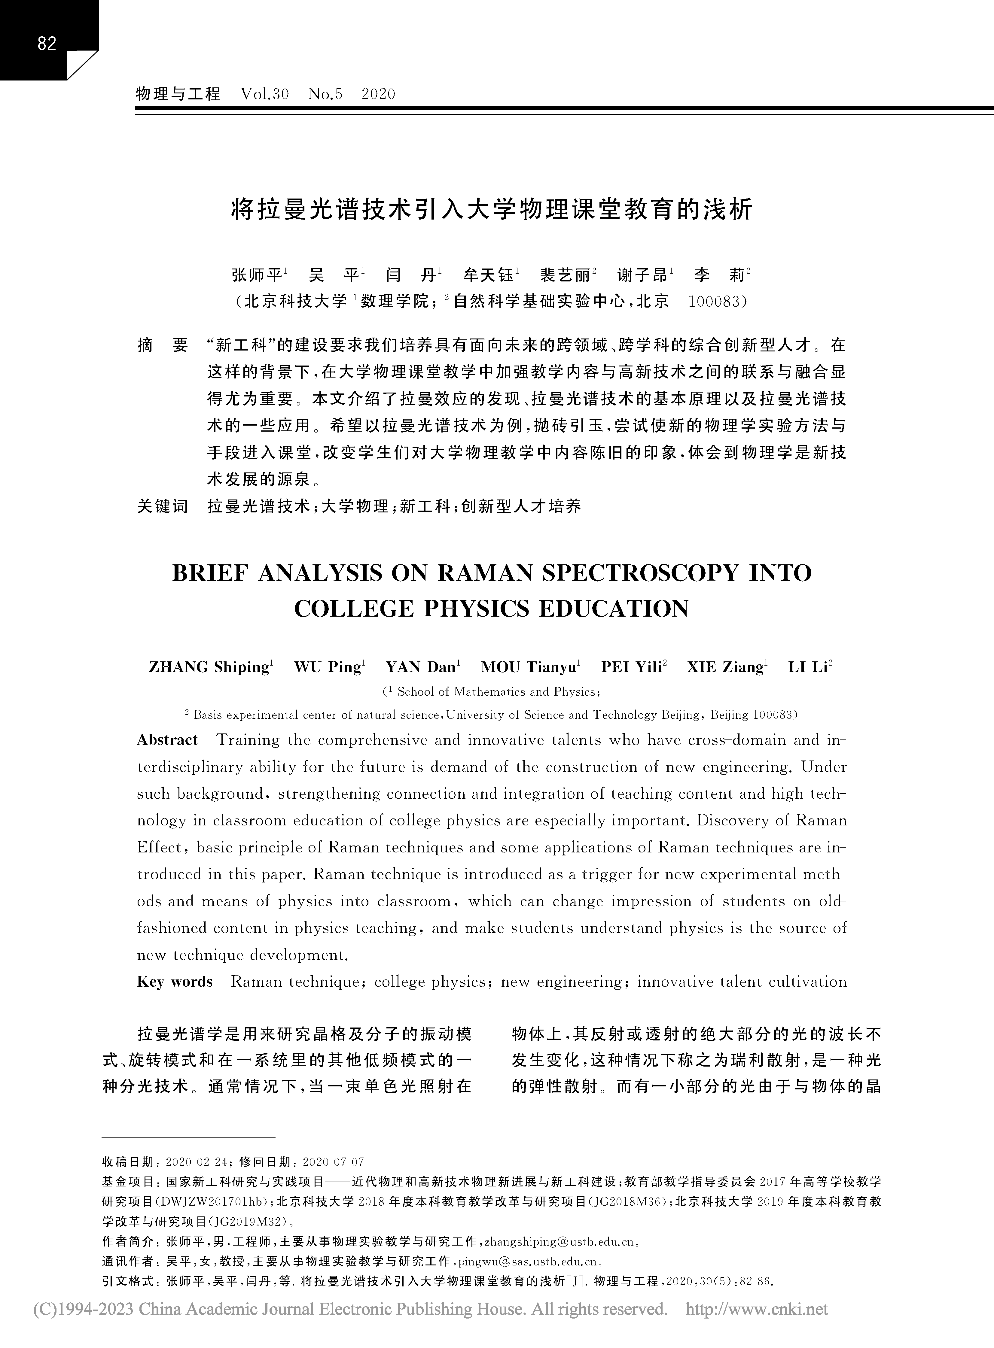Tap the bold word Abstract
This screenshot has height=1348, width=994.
(x=167, y=740)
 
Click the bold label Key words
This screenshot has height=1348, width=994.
(x=175, y=982)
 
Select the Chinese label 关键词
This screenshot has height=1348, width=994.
(x=163, y=506)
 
